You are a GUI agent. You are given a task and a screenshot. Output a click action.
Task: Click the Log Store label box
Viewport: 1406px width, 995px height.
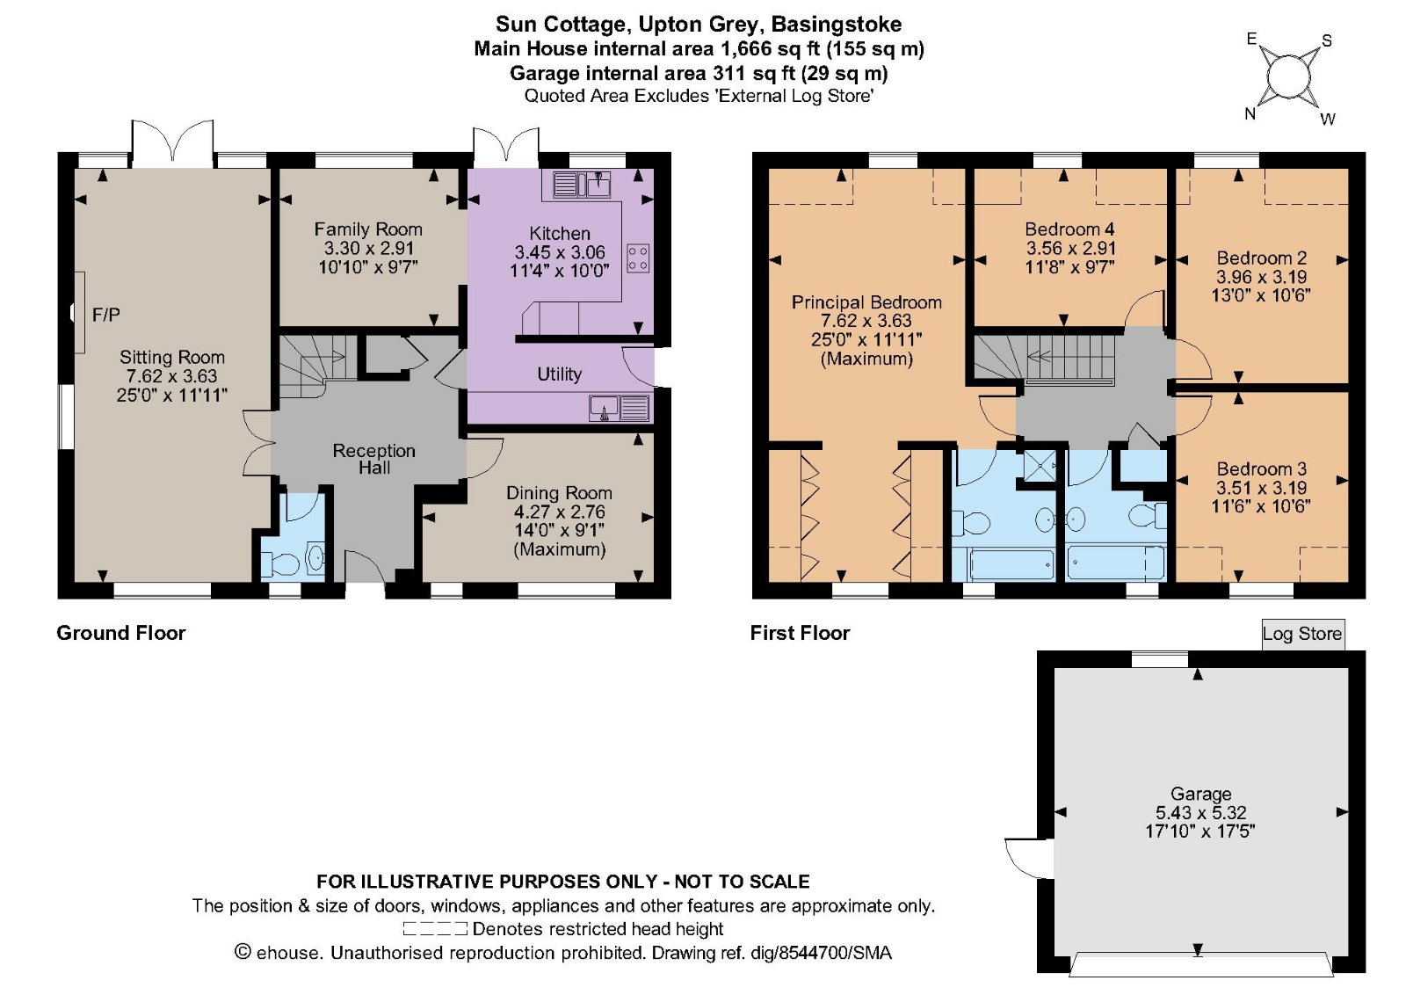point(1301,634)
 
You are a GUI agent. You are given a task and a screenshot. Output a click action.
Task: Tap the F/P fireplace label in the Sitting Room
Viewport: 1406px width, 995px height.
point(105,315)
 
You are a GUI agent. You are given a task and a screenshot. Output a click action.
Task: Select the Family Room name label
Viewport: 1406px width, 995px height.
point(368,229)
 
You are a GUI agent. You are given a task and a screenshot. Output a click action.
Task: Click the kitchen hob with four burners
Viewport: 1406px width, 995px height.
point(638,258)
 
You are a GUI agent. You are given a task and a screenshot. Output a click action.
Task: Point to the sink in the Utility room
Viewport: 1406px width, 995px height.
point(605,409)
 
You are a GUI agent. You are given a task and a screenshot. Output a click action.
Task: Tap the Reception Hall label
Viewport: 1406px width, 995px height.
point(373,459)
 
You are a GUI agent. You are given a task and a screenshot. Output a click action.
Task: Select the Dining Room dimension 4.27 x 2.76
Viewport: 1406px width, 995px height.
point(559,512)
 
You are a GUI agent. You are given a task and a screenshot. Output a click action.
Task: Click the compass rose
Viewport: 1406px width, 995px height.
point(1288,77)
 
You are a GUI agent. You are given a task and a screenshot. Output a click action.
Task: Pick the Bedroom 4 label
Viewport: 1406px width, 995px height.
point(1069,229)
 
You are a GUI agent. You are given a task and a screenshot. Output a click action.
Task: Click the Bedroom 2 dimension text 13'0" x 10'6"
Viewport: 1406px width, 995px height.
point(1260,295)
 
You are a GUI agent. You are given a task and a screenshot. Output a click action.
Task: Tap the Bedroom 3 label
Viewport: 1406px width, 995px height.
point(1261,469)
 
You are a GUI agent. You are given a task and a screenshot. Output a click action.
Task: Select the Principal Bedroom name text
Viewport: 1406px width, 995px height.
point(866,302)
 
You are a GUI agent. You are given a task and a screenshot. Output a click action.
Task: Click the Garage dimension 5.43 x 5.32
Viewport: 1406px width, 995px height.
point(1200,813)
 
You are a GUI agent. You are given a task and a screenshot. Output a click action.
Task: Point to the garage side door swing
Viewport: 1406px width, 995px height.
point(1026,857)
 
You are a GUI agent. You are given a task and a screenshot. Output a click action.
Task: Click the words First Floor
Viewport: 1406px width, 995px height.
point(800,633)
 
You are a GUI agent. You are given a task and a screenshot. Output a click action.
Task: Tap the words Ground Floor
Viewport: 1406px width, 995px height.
point(121,633)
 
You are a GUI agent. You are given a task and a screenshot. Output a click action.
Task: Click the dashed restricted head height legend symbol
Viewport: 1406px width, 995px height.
point(435,929)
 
